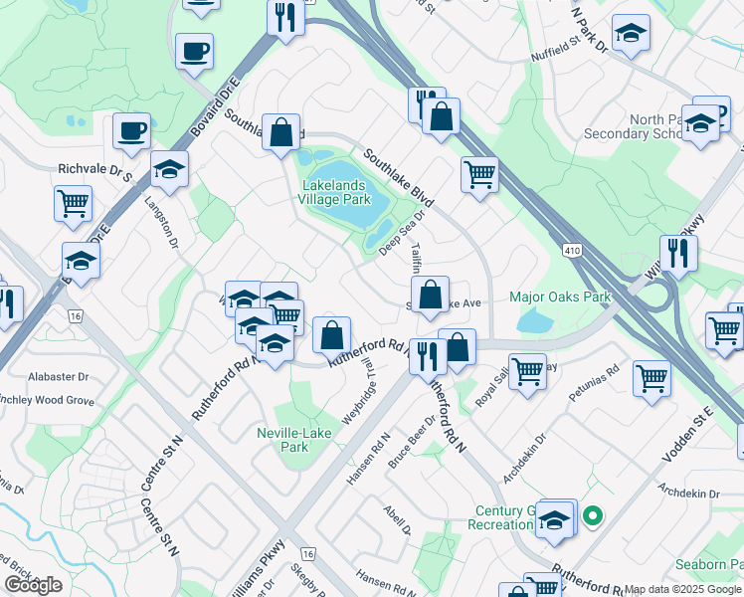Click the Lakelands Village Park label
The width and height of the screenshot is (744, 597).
click(334, 192)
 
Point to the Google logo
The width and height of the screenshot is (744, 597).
click(33, 585)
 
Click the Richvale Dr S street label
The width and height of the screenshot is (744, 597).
click(95, 170)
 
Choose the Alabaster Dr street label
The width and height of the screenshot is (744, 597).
click(59, 378)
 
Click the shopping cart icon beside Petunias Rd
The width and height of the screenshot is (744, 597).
click(651, 377)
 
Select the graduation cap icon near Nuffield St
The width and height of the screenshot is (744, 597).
click(631, 34)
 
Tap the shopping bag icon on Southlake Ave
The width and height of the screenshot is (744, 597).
click(430, 295)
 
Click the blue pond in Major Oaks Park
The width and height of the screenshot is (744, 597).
click(534, 320)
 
